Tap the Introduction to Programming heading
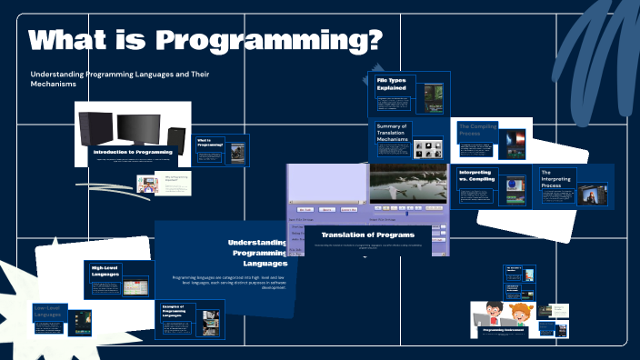coord(133,152)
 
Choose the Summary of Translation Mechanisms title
coord(393,135)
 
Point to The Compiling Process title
coord(477,131)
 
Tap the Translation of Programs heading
coord(367,235)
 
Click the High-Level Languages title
coord(105,272)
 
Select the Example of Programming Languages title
coord(176,311)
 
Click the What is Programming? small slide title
coord(210,143)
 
